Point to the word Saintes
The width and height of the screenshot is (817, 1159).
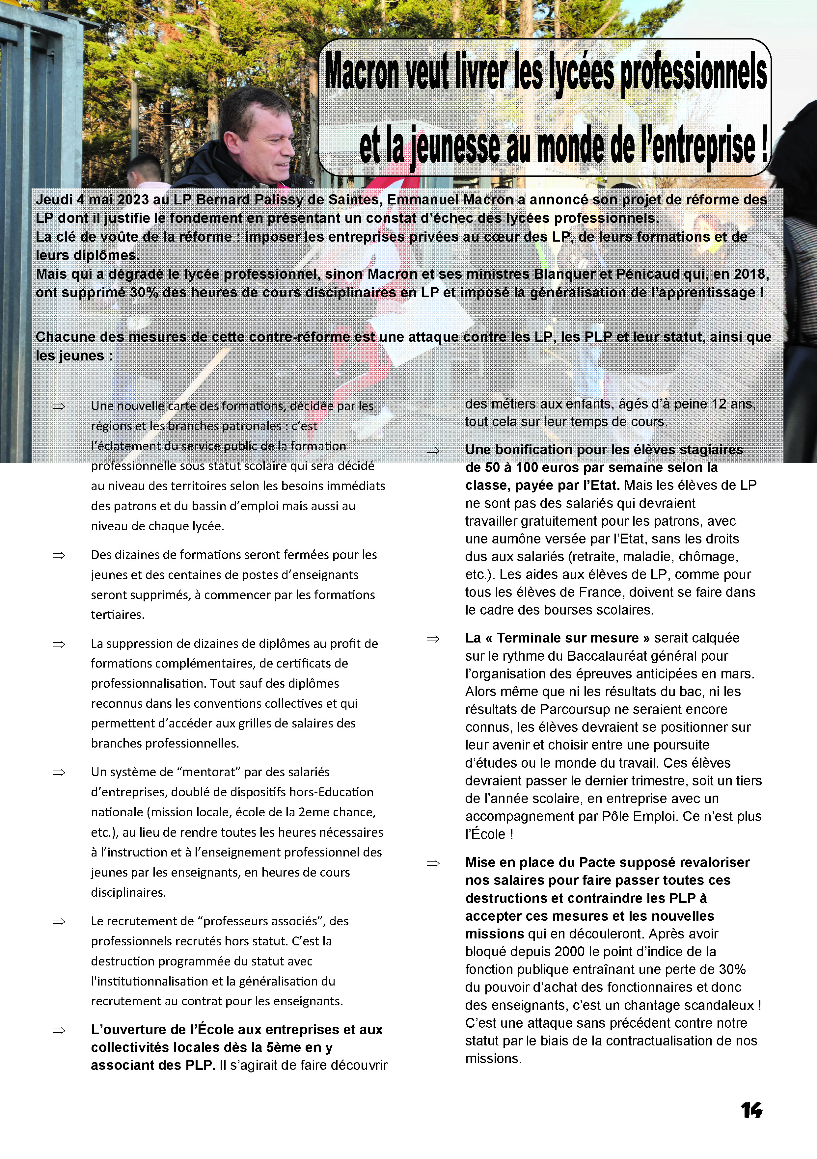[353, 199]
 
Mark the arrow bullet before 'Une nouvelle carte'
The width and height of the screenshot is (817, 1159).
[59, 406]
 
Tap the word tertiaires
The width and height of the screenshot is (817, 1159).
[117, 615]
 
